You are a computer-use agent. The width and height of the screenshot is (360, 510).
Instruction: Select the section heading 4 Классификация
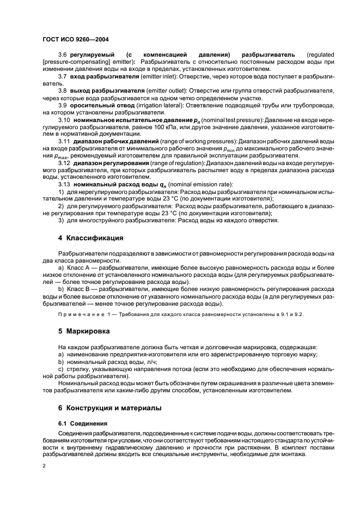coord(90,238)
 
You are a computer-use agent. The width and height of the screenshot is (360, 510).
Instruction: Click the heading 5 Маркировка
coord(84,331)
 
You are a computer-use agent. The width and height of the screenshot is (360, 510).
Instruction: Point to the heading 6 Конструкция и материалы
coord(110,408)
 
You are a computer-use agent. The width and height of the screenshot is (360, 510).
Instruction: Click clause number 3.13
coord(64,184)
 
